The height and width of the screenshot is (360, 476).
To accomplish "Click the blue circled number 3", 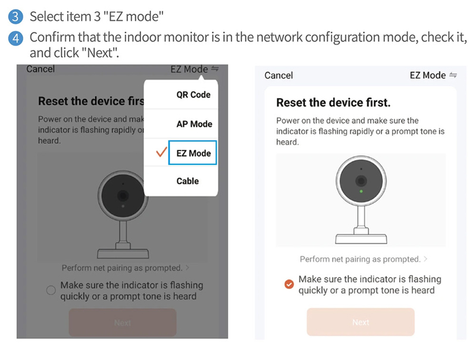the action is tap(15, 17).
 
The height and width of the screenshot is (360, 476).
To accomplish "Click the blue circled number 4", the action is tap(15, 39).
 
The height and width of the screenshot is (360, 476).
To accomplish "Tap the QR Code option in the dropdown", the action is tap(193, 95).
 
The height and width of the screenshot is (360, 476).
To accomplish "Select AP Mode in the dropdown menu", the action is tap(195, 124).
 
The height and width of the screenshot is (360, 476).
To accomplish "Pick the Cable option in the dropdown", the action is tap(187, 181).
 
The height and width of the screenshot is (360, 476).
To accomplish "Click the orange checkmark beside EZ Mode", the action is tap(161, 152).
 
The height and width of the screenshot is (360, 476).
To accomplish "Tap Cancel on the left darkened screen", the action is tap(40, 69).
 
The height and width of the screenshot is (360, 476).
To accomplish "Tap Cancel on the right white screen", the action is tap(278, 76).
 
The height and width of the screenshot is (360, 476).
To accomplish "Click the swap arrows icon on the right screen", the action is tap(453, 75).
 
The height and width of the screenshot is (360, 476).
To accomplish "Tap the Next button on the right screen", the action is tap(361, 322).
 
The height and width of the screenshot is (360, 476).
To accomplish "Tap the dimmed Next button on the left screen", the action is tap(123, 323).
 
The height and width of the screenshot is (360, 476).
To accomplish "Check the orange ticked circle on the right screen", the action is tap(289, 284).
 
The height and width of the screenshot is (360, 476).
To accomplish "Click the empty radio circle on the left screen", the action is tap(51, 290).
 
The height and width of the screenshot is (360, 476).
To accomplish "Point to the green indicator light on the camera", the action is tap(361, 192).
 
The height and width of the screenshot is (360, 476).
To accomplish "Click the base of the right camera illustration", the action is tap(361, 239).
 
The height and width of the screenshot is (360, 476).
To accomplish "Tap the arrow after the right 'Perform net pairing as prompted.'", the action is tap(425, 259).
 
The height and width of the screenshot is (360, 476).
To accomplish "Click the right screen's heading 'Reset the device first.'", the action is tap(333, 102).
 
